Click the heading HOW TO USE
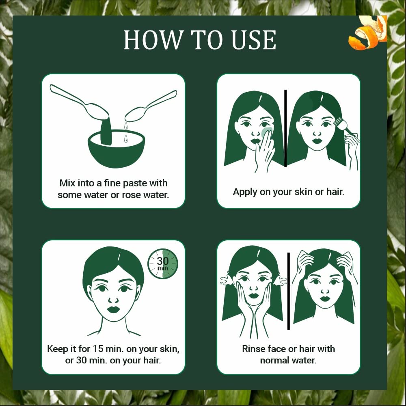pyautogui.click(x=200, y=40)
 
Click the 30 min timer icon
pyautogui.click(x=162, y=264)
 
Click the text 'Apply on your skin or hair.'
pyautogui.click(x=288, y=192)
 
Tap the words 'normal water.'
pyautogui.click(x=288, y=360)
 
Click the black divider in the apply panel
pyautogui.click(x=285, y=128)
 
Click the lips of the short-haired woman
pyautogui.click(x=114, y=309)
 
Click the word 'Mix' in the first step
pyautogui.click(x=68, y=183)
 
